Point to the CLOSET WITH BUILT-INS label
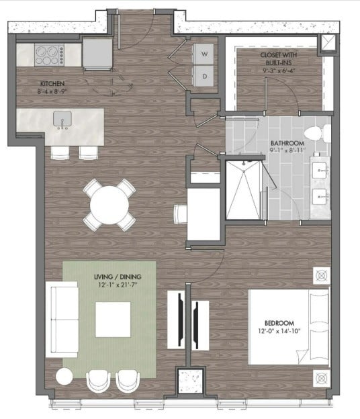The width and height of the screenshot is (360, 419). click(280, 57)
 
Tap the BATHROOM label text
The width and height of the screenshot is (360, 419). click(287, 144)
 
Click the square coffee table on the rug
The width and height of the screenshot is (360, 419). click(112, 320)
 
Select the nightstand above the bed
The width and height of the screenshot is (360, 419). click(321, 275)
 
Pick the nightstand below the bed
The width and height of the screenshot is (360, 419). click(321, 377)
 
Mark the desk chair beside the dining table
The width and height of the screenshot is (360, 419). click(179, 214)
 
